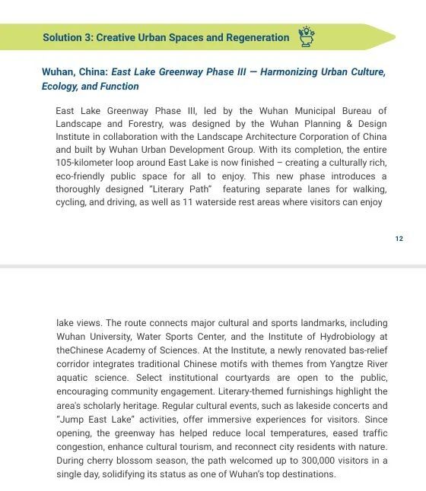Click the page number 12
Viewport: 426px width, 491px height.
(399, 239)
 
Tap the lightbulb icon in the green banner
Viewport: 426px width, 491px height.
(307, 36)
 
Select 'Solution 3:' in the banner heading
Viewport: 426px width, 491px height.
(68, 37)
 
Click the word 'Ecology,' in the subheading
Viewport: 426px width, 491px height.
(60, 87)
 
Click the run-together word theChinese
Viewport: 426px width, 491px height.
(80, 350)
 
